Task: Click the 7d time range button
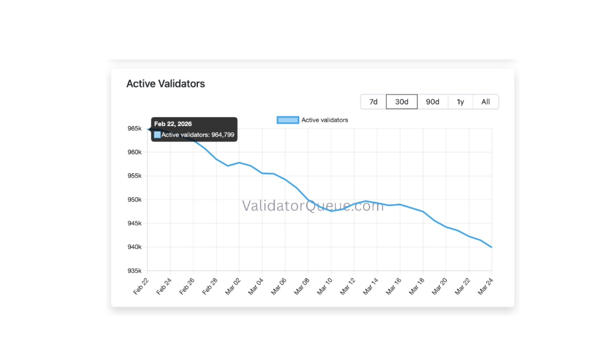(x=373, y=102)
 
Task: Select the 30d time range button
(x=402, y=102)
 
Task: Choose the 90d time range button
(x=433, y=102)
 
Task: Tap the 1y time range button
(x=460, y=102)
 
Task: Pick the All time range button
(x=486, y=102)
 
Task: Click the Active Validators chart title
(x=166, y=83)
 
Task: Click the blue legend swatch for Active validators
(x=288, y=120)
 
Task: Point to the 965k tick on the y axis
(x=134, y=128)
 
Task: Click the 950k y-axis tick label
(x=134, y=200)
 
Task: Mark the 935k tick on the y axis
(x=134, y=271)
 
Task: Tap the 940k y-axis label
(x=134, y=247)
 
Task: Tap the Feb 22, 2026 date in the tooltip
(x=173, y=124)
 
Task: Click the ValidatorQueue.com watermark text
(x=313, y=205)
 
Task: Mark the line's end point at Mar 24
(x=492, y=247)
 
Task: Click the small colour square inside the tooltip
(x=157, y=135)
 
